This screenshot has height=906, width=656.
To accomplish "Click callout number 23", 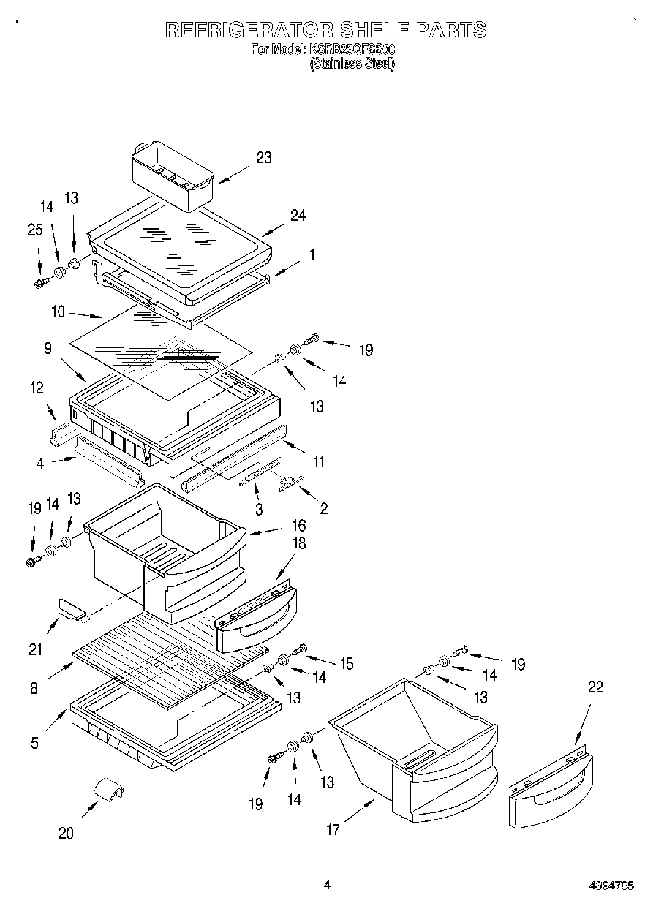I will (x=263, y=157).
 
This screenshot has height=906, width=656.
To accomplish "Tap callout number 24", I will (x=298, y=215).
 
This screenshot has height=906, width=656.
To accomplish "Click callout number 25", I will (x=35, y=230).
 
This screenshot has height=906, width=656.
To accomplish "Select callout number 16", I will (x=298, y=525).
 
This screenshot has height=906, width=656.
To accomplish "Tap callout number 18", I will (x=298, y=543).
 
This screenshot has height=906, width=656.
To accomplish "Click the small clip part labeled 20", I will (x=108, y=791).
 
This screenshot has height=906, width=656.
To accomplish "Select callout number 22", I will (x=595, y=687).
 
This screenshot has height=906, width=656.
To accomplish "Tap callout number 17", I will (x=333, y=830).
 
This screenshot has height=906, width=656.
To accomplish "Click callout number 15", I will (x=345, y=663).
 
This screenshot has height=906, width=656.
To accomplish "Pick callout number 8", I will (x=34, y=688).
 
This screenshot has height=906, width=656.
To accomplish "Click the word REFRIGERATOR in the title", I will (x=249, y=29).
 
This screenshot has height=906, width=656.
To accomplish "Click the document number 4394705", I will (x=611, y=886).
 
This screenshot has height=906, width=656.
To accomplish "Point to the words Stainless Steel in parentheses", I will (x=352, y=64).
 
